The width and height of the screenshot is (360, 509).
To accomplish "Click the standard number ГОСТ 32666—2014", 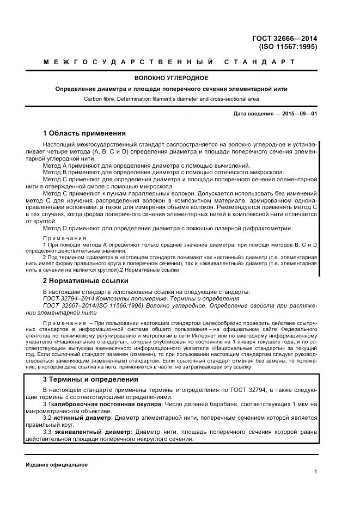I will coord(285,39).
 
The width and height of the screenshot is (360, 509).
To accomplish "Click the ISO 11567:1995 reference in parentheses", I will coord(288,47).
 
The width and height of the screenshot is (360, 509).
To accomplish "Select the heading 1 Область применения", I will coord(84,133).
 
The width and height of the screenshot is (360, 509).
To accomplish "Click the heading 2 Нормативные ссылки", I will coord(86,281).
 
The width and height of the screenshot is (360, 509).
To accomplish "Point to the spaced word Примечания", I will coord(64,238).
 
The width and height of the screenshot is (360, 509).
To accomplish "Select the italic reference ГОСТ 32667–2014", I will coord(70,306).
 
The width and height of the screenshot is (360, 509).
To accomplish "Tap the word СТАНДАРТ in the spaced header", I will coord(259,62).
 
